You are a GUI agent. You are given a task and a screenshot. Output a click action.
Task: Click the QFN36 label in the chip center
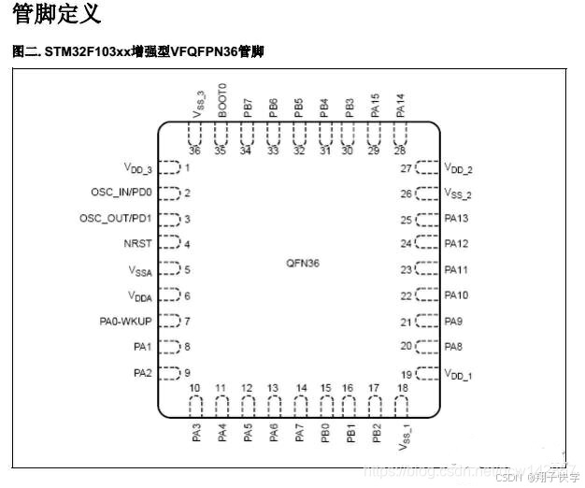[303, 264]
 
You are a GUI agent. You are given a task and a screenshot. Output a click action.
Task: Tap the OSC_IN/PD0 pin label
[121, 193]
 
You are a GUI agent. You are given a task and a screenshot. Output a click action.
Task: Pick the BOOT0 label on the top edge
[222, 98]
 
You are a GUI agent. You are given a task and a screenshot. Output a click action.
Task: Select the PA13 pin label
[456, 219]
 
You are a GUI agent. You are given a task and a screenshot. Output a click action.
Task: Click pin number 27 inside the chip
[407, 168]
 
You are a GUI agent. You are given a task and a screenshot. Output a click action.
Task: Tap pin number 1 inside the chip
[188, 167]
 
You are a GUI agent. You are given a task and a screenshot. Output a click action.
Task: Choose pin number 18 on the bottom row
[403, 388]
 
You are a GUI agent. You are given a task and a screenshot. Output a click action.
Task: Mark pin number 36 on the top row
[194, 150]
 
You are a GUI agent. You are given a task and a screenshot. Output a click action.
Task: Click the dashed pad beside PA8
[427, 347]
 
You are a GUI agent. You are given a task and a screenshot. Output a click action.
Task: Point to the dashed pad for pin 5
[168, 270]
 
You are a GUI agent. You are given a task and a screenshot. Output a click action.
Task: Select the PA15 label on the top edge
[375, 103]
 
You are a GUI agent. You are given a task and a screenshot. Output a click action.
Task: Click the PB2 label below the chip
[376, 434]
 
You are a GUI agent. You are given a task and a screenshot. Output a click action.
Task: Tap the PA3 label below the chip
[196, 434]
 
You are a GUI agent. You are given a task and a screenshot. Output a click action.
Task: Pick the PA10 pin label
[456, 295]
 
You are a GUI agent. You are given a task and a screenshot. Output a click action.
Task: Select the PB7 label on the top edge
[248, 105]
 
